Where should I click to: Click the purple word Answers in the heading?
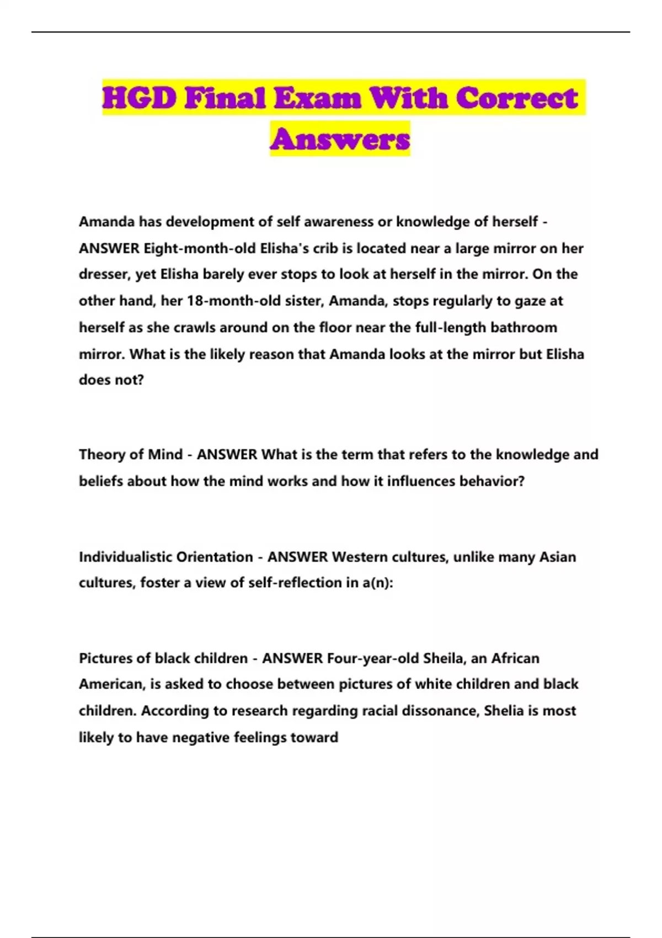click(x=340, y=138)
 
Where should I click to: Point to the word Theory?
click(x=102, y=455)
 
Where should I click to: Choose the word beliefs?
click(x=101, y=481)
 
